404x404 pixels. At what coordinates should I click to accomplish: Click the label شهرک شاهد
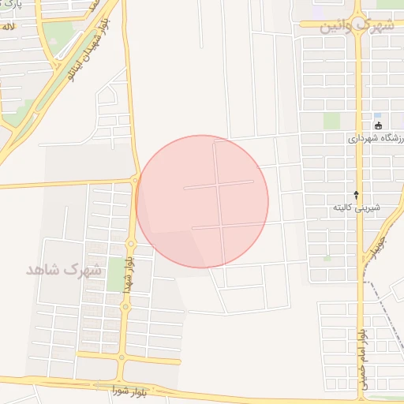coord(65,269)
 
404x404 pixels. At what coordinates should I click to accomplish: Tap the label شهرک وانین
coord(357,26)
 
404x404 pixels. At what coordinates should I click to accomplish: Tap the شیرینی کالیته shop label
coord(355,208)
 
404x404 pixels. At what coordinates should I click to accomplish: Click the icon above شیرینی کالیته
coord(356,194)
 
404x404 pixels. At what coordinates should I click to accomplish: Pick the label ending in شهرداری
coord(376,138)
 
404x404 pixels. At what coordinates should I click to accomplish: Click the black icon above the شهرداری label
coord(378,125)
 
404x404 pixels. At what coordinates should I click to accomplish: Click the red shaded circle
coord(202,201)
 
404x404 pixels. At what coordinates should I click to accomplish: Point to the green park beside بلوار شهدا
coord(114,272)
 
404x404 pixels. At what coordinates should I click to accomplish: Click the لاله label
coord(8,27)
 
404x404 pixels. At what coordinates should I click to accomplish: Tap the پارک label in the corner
coord(8,6)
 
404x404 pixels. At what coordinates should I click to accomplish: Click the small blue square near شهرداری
coord(378,116)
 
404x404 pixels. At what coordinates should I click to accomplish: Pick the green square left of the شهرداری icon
coord(331,120)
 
